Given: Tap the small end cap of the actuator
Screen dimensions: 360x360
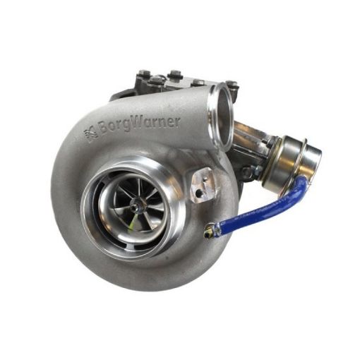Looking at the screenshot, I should [x=311, y=156].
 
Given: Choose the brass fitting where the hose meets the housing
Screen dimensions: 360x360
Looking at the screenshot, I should [x=208, y=230].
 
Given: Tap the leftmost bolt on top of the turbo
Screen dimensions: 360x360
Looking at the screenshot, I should [x=143, y=73].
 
